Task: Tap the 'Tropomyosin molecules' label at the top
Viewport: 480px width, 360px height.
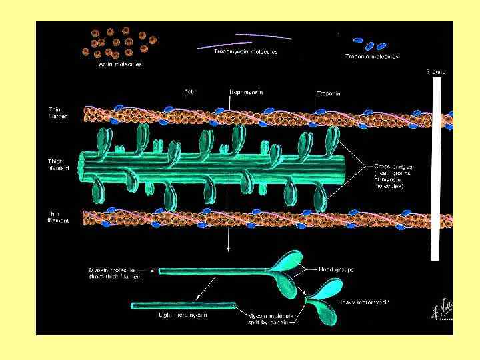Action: coord(246,51)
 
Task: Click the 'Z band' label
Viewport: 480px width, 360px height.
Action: coord(436,71)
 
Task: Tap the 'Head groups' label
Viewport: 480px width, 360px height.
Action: coord(336,269)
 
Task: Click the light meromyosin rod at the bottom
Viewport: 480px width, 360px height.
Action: coord(183,305)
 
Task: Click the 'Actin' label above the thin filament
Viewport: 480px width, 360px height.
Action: coord(192,92)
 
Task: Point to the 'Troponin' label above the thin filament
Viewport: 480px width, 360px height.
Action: coord(329,94)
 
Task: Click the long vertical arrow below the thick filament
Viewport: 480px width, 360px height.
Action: coord(229,200)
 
